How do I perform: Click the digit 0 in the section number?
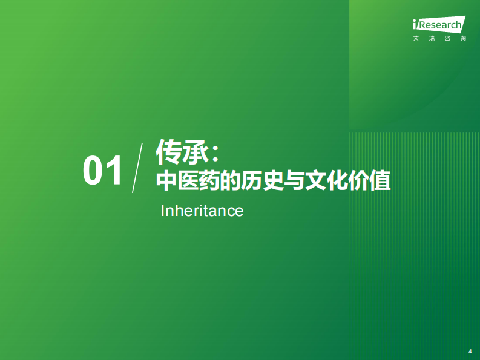[94, 171]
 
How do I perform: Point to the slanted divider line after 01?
[137, 168]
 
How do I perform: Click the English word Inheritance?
[202, 211]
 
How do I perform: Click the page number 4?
[470, 352]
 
